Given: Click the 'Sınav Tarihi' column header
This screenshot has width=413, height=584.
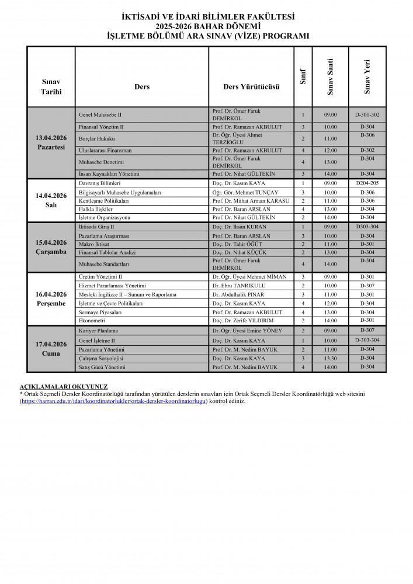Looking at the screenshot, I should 51,86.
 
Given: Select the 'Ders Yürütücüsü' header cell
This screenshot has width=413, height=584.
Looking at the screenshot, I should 251,86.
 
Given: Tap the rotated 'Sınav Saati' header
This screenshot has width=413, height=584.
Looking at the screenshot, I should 331,77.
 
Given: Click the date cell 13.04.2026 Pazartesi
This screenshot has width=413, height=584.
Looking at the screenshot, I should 51,142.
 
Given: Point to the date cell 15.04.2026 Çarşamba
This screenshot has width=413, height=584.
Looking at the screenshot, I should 51,247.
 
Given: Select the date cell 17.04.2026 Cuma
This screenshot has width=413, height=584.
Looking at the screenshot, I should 51,349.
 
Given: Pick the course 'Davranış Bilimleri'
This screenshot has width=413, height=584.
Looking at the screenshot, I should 99,183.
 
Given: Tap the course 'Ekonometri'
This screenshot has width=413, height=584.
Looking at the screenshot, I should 92,321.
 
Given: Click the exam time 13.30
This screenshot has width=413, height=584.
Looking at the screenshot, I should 330,358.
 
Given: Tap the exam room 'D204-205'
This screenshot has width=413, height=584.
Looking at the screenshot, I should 367,183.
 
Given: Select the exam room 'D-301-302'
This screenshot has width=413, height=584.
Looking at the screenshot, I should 367,115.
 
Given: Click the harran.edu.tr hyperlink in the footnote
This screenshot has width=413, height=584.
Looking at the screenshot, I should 113,401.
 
